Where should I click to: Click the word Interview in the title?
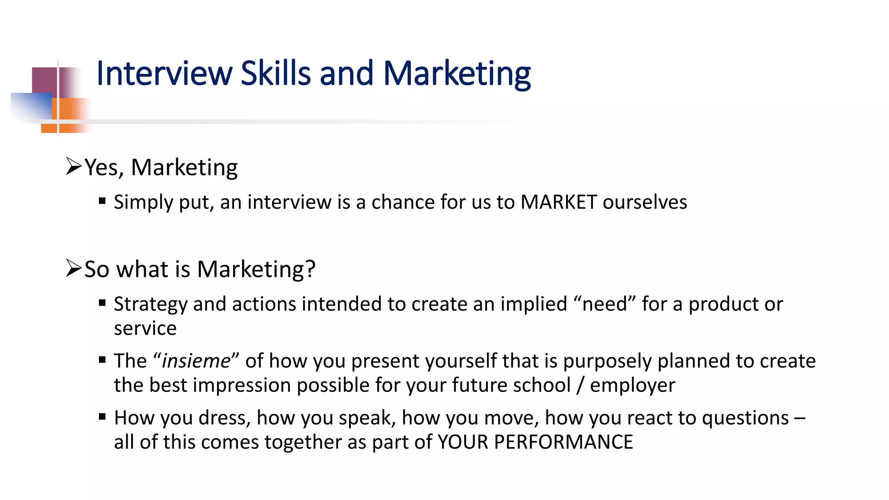[164, 73]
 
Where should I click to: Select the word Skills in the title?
[276, 73]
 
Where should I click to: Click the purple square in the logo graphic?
[44, 80]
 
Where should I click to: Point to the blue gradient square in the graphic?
[30, 106]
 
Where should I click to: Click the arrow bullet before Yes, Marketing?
[73, 166]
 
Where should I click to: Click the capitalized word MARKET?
[559, 202]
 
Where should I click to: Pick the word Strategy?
[150, 304]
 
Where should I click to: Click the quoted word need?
[605, 304]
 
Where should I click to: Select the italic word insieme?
[196, 361]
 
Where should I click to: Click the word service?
[145, 329]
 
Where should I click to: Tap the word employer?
[632, 385]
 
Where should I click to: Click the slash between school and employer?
[580, 385]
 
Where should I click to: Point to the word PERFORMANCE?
[563, 442]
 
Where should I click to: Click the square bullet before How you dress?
[102, 417]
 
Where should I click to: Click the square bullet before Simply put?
[102, 201]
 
